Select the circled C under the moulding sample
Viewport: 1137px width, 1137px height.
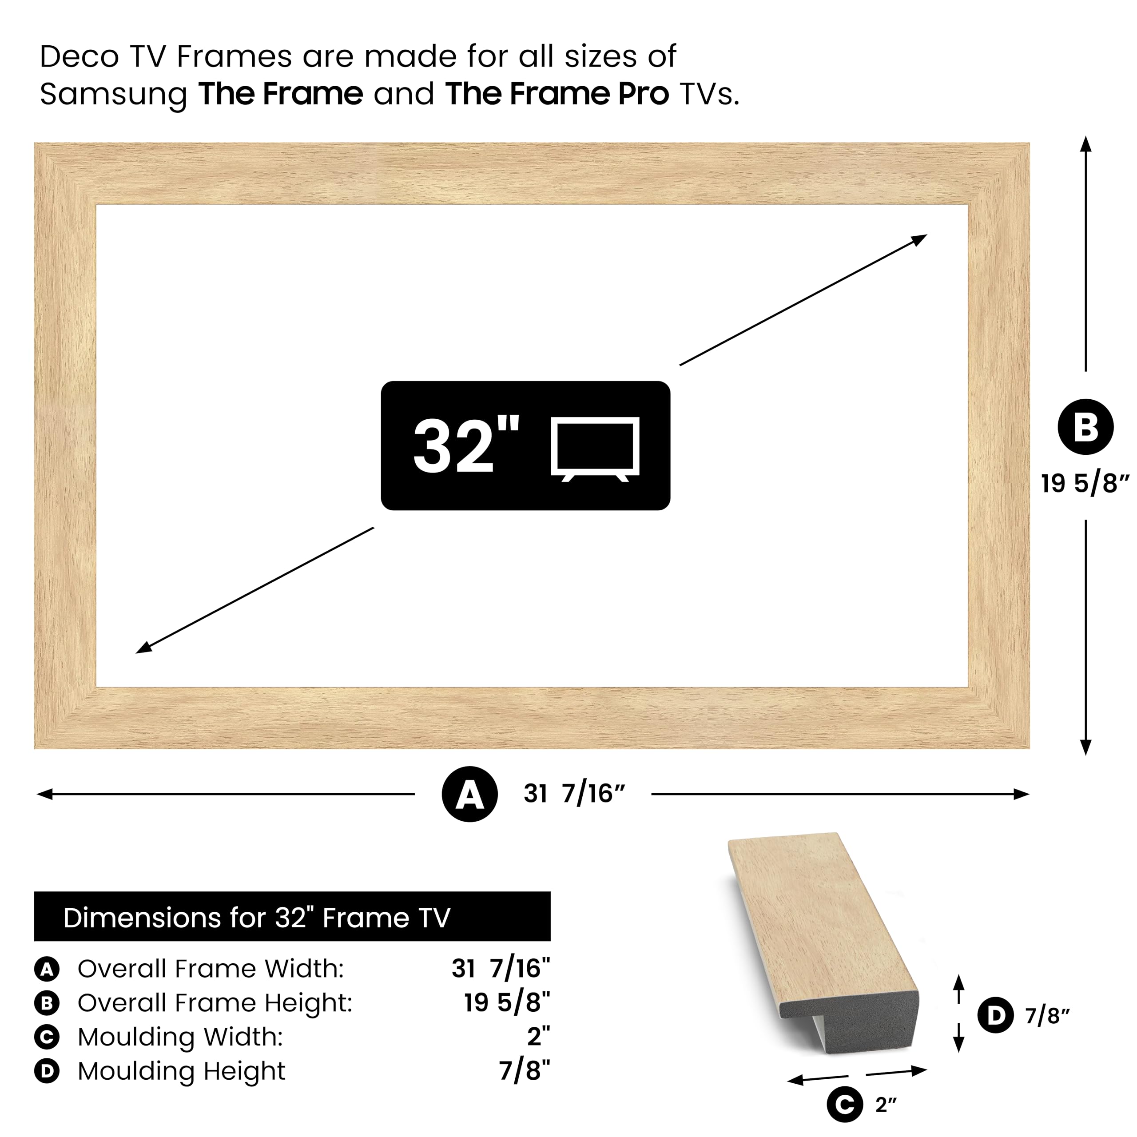coord(844,1105)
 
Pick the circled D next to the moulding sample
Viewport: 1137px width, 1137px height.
coord(995,1015)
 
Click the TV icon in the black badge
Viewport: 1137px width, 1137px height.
coord(595,449)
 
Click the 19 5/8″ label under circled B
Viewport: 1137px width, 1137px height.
coord(1085,484)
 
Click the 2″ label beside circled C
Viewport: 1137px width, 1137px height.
coord(886,1105)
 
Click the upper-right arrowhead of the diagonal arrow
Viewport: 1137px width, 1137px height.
coord(920,239)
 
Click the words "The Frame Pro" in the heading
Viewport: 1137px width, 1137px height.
coord(557,94)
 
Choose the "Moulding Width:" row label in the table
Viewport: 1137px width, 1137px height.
coord(180,1037)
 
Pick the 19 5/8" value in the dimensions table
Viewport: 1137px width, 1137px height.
coord(507,1003)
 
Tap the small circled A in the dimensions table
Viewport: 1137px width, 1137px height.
coord(47,969)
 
